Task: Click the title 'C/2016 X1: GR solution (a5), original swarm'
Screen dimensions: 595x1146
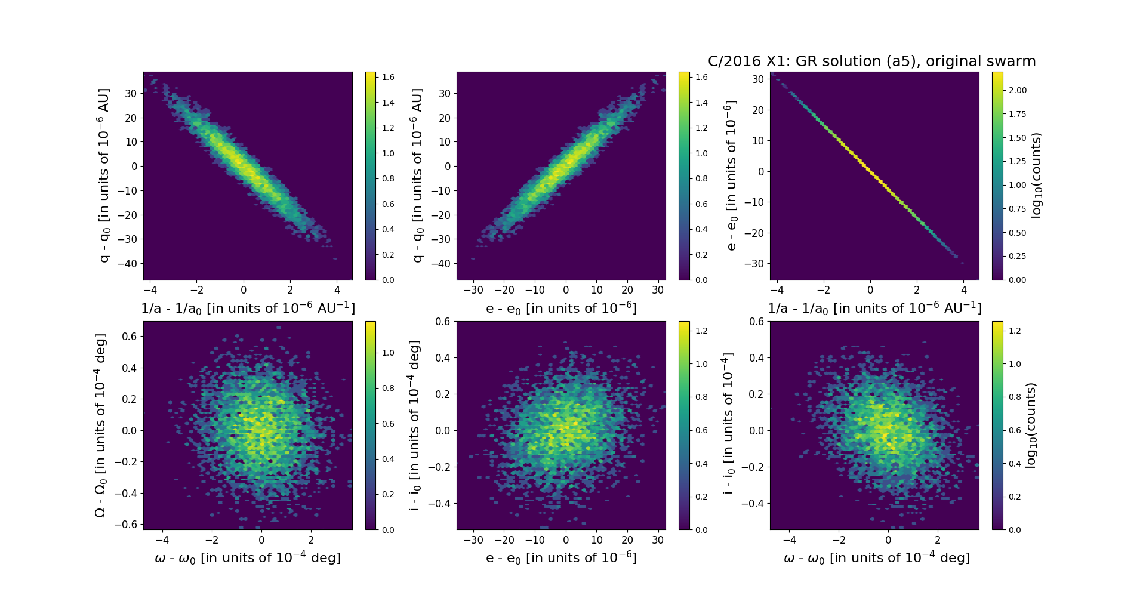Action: click(x=871, y=61)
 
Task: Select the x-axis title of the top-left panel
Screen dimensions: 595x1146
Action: click(x=248, y=308)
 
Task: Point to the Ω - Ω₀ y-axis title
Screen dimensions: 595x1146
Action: click(x=101, y=426)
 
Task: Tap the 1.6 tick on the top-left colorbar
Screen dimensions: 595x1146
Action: click(x=388, y=77)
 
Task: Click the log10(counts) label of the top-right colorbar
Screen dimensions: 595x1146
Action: click(x=1036, y=175)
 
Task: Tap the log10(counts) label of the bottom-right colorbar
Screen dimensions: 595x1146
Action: click(x=1030, y=426)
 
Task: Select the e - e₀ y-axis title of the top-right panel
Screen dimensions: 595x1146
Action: click(x=731, y=175)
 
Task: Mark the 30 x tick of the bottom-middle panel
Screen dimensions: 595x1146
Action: click(x=658, y=540)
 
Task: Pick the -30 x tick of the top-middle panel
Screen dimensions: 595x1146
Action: click(x=473, y=291)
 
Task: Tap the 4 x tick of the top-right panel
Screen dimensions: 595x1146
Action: click(x=964, y=291)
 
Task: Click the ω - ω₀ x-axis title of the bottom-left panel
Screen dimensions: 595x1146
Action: click(x=248, y=558)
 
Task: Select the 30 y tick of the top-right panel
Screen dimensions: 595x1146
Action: click(x=757, y=79)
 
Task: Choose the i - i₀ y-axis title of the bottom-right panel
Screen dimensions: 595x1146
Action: click(x=728, y=426)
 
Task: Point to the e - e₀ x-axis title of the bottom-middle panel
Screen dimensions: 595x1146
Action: click(x=561, y=558)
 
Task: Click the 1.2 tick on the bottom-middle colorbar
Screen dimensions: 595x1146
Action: click(x=701, y=331)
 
